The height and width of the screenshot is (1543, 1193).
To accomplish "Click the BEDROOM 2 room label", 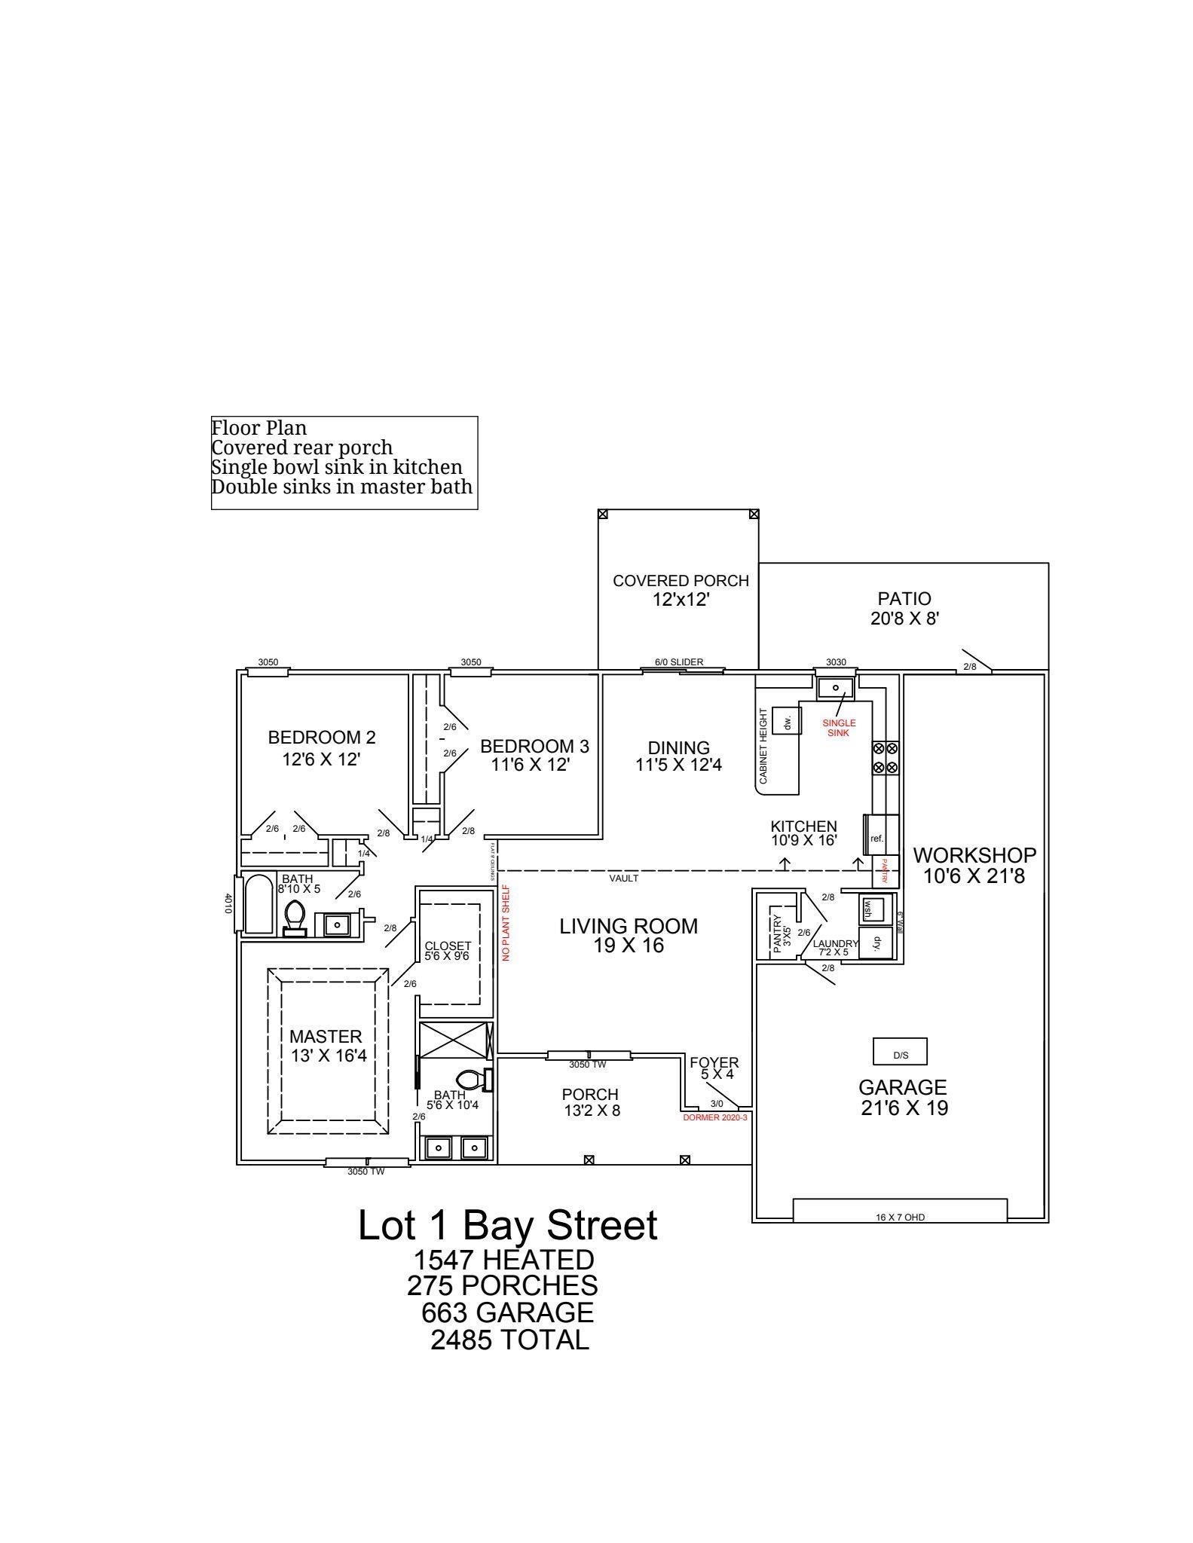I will tap(322, 738).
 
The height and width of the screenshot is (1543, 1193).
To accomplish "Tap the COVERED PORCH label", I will tap(681, 581).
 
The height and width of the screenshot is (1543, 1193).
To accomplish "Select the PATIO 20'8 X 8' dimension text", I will tap(904, 619).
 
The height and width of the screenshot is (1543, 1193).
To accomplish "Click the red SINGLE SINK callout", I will tap(839, 728).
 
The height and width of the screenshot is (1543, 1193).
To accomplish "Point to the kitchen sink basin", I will tap(835, 688).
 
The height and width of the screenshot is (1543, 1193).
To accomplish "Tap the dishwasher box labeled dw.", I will tap(788, 721).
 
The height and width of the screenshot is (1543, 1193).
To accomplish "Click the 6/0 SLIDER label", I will tap(679, 662).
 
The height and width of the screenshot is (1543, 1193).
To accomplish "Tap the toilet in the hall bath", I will tap(295, 918).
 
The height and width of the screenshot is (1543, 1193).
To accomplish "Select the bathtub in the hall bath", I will tap(258, 904).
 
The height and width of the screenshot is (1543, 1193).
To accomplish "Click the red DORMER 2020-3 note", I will tap(714, 1117).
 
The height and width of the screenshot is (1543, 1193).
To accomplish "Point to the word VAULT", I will tap(624, 878).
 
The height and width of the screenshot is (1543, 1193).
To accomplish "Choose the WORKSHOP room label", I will tap(974, 855).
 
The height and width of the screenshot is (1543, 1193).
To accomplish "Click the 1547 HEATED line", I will tap(503, 1259).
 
